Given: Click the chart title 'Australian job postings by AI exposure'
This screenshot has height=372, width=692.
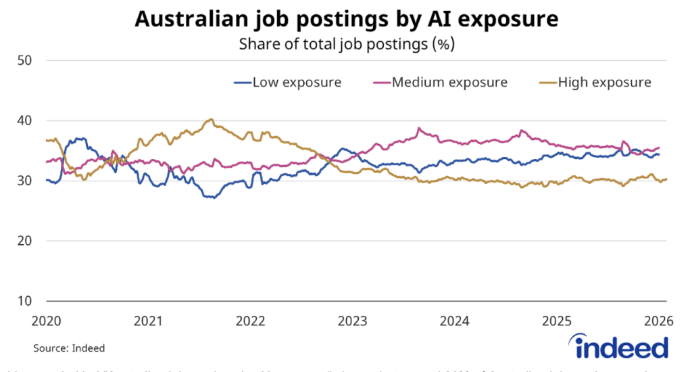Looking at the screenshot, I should click(x=346, y=20).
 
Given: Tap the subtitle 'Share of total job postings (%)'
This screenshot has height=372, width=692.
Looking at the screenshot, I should click(x=346, y=45).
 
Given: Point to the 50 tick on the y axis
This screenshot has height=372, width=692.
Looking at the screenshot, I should click(x=26, y=61).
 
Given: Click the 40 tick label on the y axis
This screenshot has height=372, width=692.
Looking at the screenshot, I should click(x=26, y=121).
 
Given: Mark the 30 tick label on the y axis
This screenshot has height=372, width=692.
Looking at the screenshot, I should click(x=26, y=181).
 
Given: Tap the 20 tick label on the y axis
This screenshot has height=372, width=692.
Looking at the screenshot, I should click(x=26, y=241).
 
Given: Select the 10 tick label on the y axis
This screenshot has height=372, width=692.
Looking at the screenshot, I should click(x=26, y=301).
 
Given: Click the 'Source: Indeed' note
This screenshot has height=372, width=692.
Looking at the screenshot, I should click(x=69, y=348).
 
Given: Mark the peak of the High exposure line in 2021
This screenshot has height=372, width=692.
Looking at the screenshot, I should click(x=211, y=120).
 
